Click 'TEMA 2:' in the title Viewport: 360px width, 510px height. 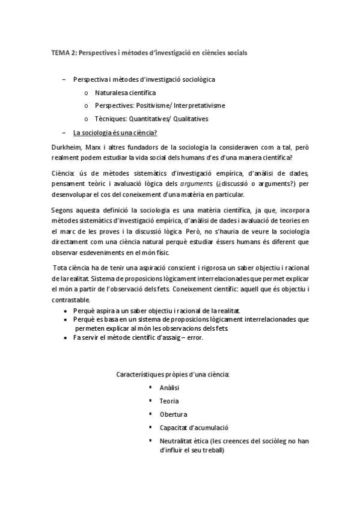point(63,53)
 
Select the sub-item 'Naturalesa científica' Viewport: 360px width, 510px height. point(125,93)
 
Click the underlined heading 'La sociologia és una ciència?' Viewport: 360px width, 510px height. point(115,132)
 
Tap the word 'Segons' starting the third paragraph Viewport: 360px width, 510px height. point(64,210)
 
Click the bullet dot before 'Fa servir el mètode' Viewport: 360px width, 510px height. point(66,338)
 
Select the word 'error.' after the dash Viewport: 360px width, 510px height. point(194,338)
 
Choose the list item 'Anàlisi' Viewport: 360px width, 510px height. point(169,388)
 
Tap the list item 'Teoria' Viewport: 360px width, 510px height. point(169,401)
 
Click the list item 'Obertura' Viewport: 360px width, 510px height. point(173,414)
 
